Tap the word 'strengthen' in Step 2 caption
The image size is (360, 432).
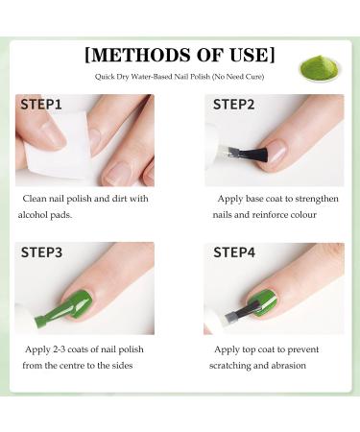[x=311, y=198]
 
